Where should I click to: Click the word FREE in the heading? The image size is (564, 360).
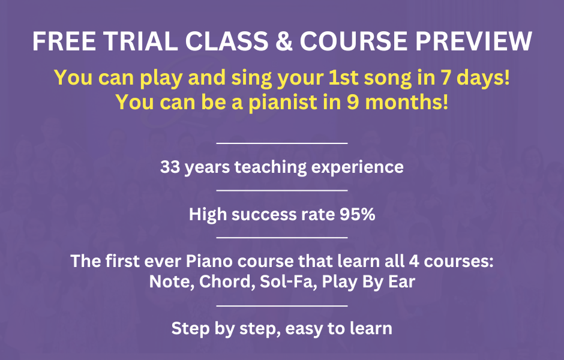tap(64, 41)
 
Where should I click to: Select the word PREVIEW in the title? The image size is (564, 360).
tap(474, 41)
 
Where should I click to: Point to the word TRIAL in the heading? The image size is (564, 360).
tap(141, 41)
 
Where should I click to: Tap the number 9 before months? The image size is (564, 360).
tap(353, 102)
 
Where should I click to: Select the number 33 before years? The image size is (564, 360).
tap(170, 167)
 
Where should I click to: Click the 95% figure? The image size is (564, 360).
tap(357, 214)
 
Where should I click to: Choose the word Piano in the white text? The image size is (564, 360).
tap(209, 261)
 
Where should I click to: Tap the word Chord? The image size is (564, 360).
tap(225, 281)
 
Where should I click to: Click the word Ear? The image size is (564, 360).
tap(402, 281)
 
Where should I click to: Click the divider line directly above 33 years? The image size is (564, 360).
tap(282, 143)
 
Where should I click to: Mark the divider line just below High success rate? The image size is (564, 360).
tap(282, 238)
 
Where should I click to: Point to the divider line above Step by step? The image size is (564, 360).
tap(282, 305)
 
